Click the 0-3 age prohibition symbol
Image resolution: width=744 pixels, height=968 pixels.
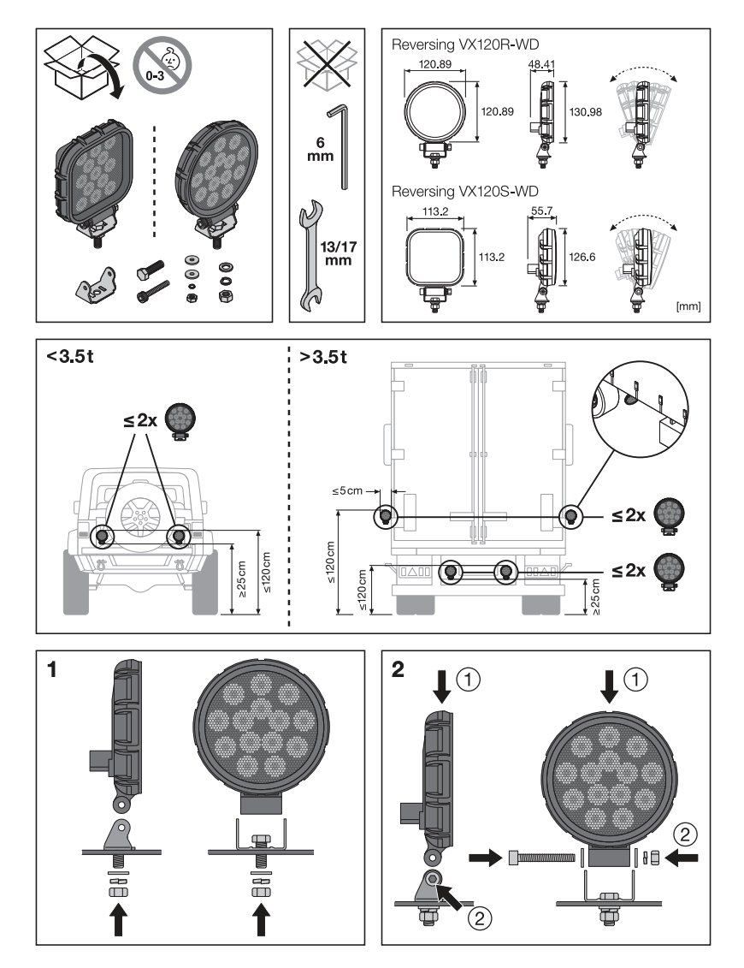click(162, 63)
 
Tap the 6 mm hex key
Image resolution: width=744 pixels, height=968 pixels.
click(340, 145)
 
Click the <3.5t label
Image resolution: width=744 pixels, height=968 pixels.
click(70, 356)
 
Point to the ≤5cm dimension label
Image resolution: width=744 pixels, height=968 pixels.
click(347, 491)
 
